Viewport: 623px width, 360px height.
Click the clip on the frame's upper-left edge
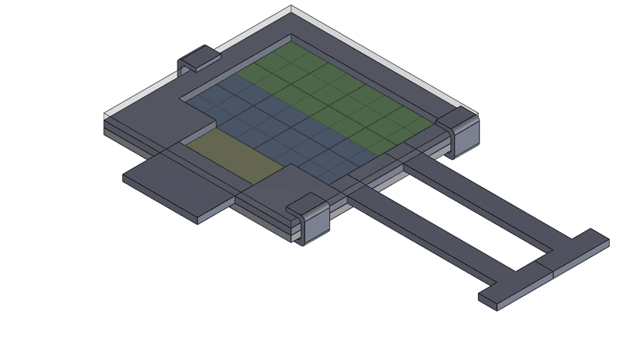[x=199, y=58]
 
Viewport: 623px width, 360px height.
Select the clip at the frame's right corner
[x=462, y=129]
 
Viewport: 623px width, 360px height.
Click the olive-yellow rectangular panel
[x=234, y=156]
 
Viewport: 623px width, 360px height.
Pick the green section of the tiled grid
[x=335, y=94]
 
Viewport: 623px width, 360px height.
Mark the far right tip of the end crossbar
[x=607, y=241]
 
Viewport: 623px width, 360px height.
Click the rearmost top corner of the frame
[x=292, y=8]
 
